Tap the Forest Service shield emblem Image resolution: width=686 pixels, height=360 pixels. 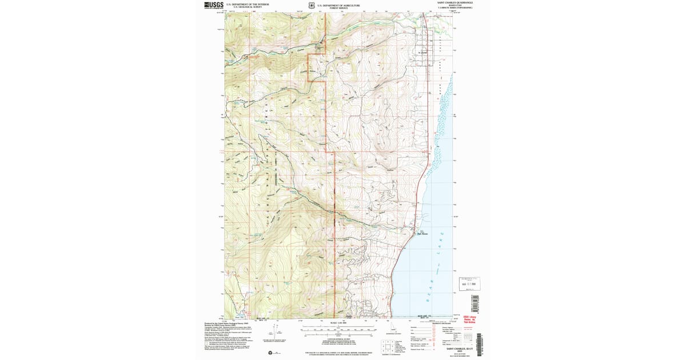tap(312, 6)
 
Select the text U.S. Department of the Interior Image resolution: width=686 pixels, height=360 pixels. tap(247, 4)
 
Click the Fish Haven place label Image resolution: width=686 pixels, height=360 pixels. tap(422, 233)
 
